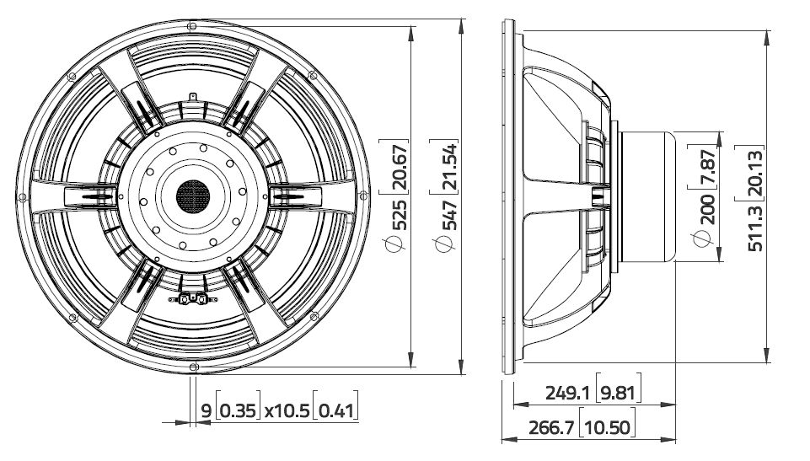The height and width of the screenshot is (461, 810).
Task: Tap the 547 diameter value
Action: pos(451,215)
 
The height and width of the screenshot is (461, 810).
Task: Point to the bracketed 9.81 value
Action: pos(618,394)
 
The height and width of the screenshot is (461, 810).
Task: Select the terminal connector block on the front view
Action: pos(192,298)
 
